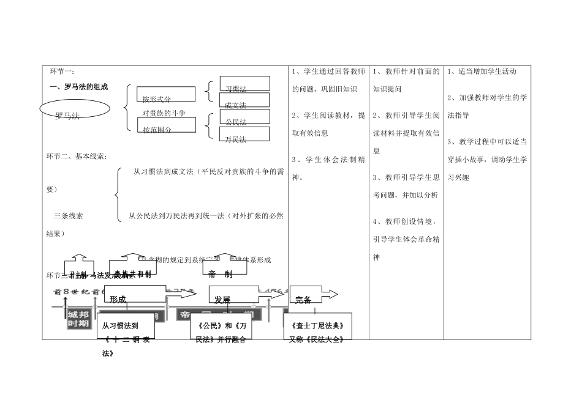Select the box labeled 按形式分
(166, 94)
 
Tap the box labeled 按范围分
(166, 125)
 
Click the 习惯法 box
(244, 84)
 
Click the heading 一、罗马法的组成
(78, 87)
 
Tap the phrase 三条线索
(69, 215)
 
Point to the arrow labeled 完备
(312, 296)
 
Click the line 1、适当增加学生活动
(482, 72)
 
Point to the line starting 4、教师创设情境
(406, 221)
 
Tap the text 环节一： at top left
(62, 72)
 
